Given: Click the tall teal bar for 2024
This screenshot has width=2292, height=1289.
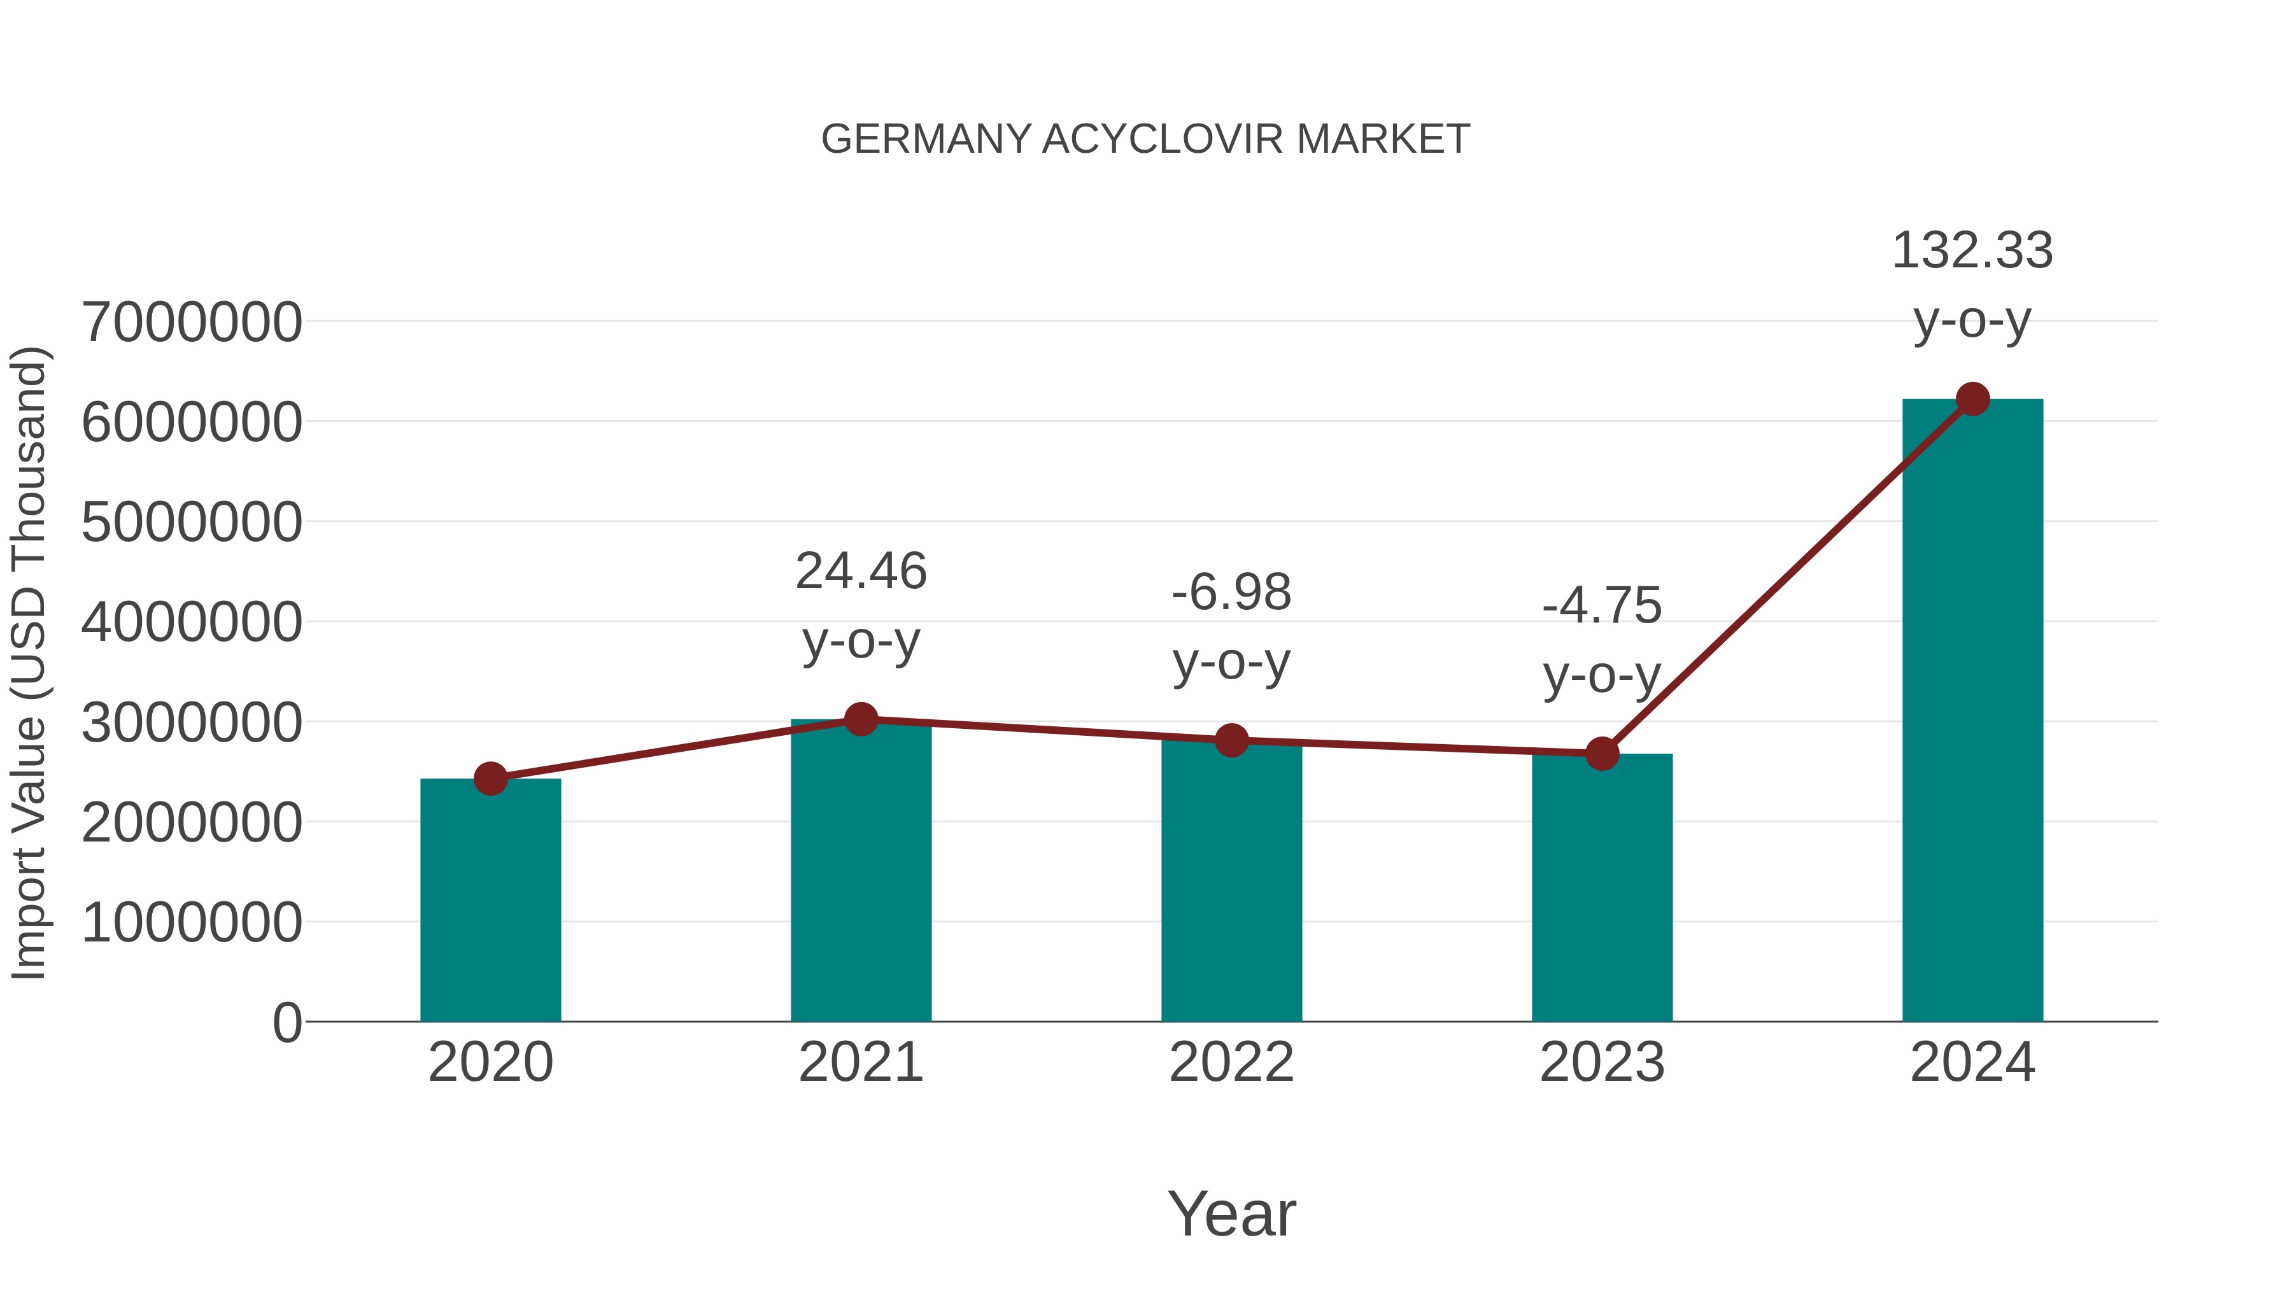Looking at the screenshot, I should (x=1972, y=712).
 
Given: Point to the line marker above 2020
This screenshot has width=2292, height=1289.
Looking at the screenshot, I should (x=490, y=778).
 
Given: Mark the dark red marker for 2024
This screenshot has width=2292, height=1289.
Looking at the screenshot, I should (x=1972, y=399).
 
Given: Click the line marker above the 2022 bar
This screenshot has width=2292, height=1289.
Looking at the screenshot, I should (x=1231, y=739).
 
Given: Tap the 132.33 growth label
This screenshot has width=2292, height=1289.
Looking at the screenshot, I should (x=1972, y=251).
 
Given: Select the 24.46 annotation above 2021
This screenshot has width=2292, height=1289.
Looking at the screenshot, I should (x=860, y=571).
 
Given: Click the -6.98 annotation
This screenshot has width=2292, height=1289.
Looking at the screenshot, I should (x=1231, y=593).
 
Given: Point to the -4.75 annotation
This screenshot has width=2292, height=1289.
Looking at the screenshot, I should (x=1602, y=607).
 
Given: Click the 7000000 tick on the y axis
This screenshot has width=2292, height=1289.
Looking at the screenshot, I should (x=191, y=322).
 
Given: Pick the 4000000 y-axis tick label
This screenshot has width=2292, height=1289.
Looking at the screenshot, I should (x=191, y=622).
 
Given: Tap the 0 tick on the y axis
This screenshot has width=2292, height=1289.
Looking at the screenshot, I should (x=286, y=1022).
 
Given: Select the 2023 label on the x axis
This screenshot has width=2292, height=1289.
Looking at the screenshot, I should (x=1602, y=1062).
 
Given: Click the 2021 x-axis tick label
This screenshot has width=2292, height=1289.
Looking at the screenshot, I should (x=860, y=1062).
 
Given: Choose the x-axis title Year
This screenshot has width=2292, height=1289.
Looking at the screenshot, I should (x=1231, y=1215).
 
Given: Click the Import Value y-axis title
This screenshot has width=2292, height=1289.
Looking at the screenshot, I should (x=29, y=663).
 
